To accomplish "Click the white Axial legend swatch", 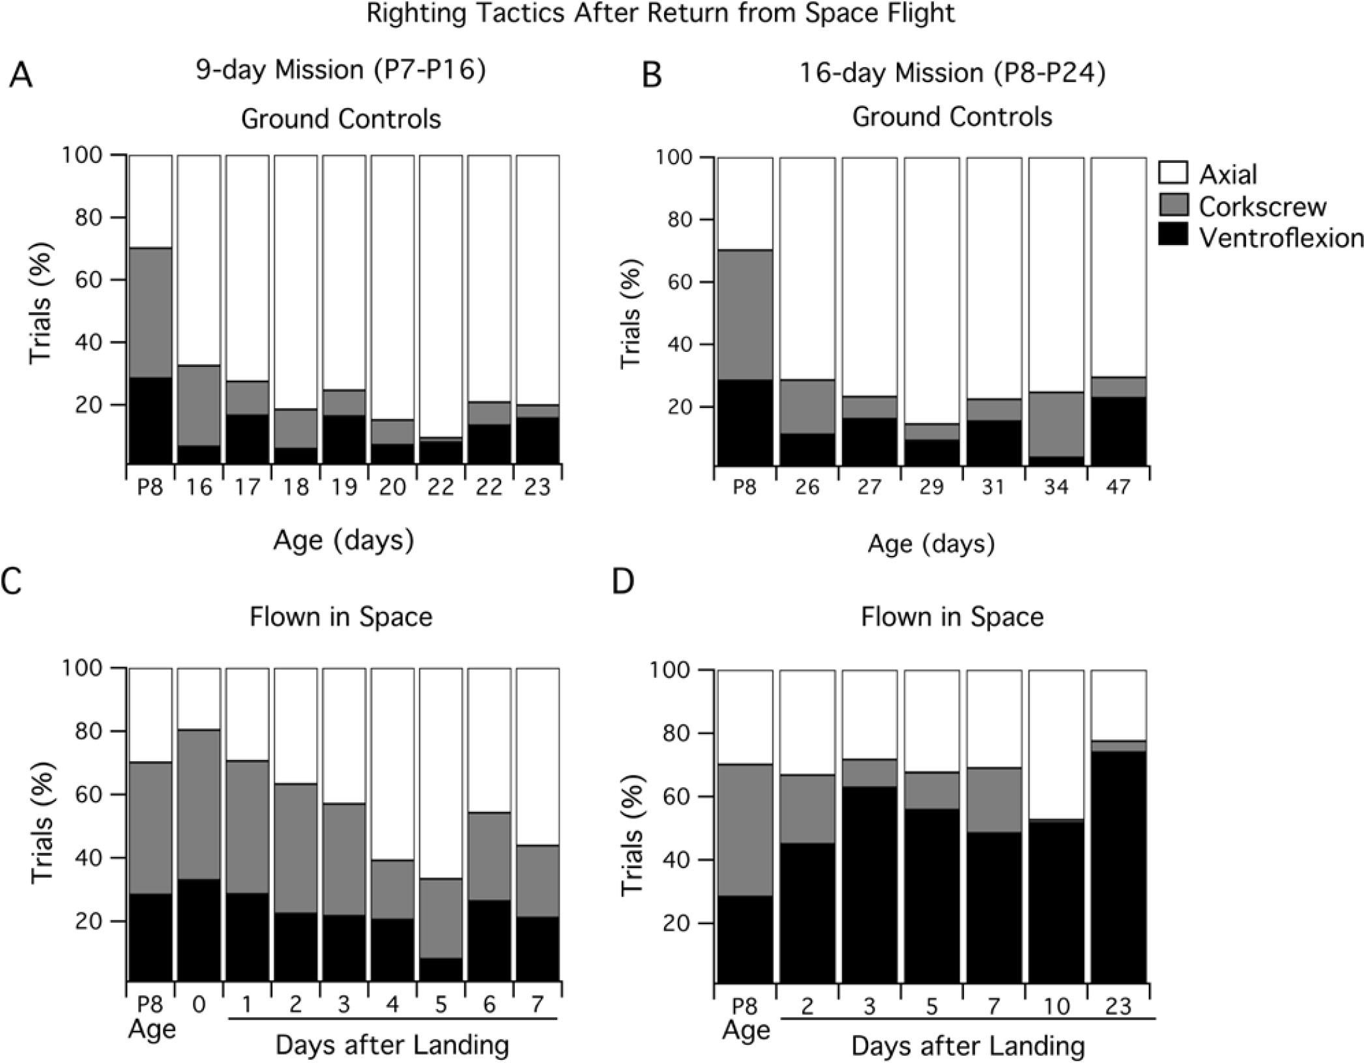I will [1174, 173].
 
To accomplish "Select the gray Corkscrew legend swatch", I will [1174, 205].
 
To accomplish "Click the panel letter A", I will [21, 76].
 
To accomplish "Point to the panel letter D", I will [623, 581].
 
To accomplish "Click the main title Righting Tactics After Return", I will [660, 14].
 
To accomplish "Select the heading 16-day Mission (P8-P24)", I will [952, 73].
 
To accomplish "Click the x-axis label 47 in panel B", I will [1118, 488].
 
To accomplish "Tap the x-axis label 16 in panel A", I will [198, 487].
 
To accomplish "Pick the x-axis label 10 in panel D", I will [1056, 1007].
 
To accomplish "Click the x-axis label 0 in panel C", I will [198, 1005].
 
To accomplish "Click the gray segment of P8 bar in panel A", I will [151, 313].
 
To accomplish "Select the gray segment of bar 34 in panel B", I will [1056, 424].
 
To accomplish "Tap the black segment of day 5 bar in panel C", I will [441, 968].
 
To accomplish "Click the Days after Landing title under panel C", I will [392, 1045].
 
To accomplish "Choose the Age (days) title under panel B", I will [931, 544].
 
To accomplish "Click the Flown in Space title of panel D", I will [952, 617].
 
